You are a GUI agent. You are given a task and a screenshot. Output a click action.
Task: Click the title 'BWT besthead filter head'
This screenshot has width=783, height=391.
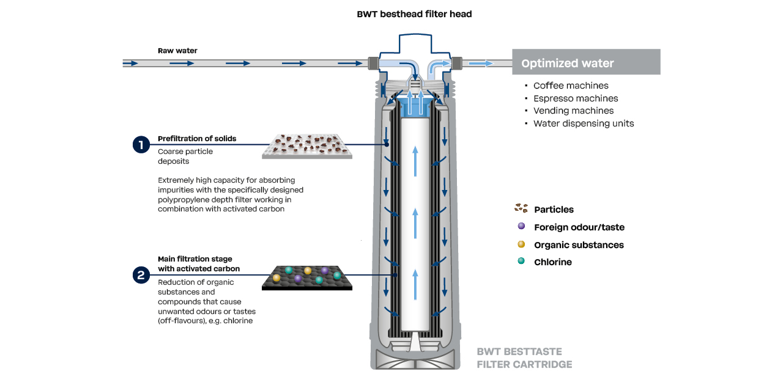click(414, 14)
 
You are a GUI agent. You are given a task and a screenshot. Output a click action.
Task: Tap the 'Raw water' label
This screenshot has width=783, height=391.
click(177, 51)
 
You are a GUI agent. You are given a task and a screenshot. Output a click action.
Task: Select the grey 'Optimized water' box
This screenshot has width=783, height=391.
click(585, 63)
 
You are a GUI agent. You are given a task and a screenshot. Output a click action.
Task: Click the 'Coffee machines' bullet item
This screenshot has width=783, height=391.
click(571, 86)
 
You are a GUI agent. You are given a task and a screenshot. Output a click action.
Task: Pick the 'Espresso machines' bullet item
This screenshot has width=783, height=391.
click(576, 98)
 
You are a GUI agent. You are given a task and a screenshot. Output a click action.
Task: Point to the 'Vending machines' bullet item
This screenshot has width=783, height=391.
click(573, 111)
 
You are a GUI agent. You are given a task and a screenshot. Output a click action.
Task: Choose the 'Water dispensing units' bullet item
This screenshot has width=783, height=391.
click(584, 123)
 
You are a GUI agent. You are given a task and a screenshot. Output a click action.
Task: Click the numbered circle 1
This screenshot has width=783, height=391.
click(141, 145)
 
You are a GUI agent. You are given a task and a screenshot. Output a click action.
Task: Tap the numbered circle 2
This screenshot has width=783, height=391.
click(141, 275)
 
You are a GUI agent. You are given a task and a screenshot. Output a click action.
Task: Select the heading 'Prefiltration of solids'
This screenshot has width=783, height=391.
click(197, 139)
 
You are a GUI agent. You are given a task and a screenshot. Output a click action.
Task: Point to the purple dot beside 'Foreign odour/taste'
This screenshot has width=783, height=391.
click(521, 226)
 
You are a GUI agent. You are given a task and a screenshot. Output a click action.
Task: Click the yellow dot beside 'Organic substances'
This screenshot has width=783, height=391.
click(521, 244)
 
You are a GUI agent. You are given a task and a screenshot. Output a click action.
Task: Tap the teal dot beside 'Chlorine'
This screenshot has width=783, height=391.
click(521, 261)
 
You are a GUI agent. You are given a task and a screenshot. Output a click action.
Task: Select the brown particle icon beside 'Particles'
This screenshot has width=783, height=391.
click(521, 208)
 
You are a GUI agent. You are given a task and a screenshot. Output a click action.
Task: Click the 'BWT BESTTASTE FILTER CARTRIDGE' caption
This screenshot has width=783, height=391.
click(524, 358)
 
